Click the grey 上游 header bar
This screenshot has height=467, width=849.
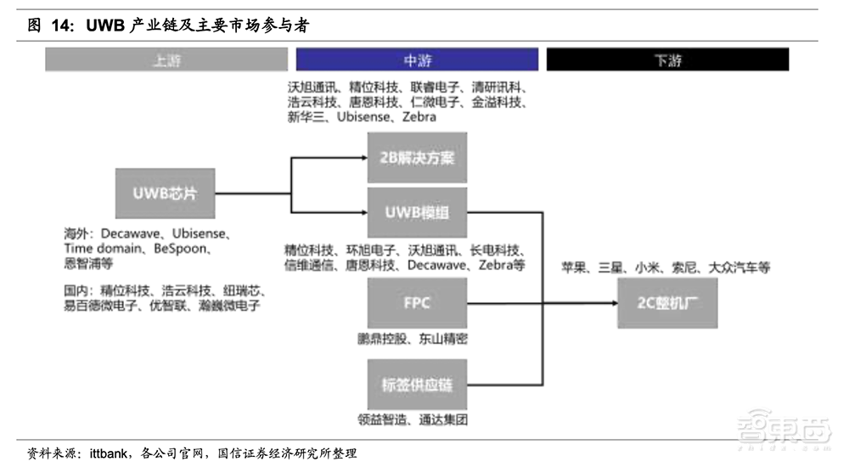(x=166, y=59)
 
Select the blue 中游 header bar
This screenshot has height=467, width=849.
(x=417, y=59)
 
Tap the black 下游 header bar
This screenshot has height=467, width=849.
(x=667, y=59)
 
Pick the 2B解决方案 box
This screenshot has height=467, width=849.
(x=417, y=158)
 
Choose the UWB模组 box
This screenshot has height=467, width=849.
(x=417, y=212)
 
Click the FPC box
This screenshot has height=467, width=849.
(x=417, y=302)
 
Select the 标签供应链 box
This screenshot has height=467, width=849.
(x=417, y=385)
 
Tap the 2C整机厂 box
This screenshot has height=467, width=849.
(x=667, y=302)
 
